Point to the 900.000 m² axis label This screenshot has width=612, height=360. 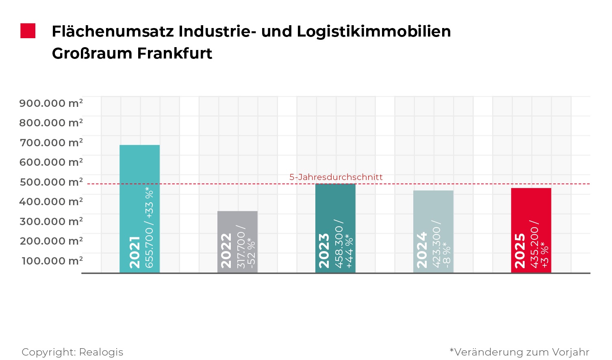pos(51,103)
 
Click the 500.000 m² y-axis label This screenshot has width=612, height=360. pos(51,182)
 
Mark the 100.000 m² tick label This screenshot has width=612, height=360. pos(52,260)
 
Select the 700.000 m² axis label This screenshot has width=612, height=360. pos(51,143)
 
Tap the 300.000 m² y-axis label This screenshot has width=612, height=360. pos(51,221)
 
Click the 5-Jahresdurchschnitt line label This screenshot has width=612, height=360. pos(336,177)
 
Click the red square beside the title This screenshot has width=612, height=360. pos(28,31)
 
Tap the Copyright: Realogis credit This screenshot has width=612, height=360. pos(72,352)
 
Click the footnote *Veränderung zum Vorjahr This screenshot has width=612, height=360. pos(519,352)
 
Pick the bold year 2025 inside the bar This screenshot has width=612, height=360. pos(520,251)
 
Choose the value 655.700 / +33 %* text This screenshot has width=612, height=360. pos(150,228)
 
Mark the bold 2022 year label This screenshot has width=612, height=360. pos(226,251)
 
